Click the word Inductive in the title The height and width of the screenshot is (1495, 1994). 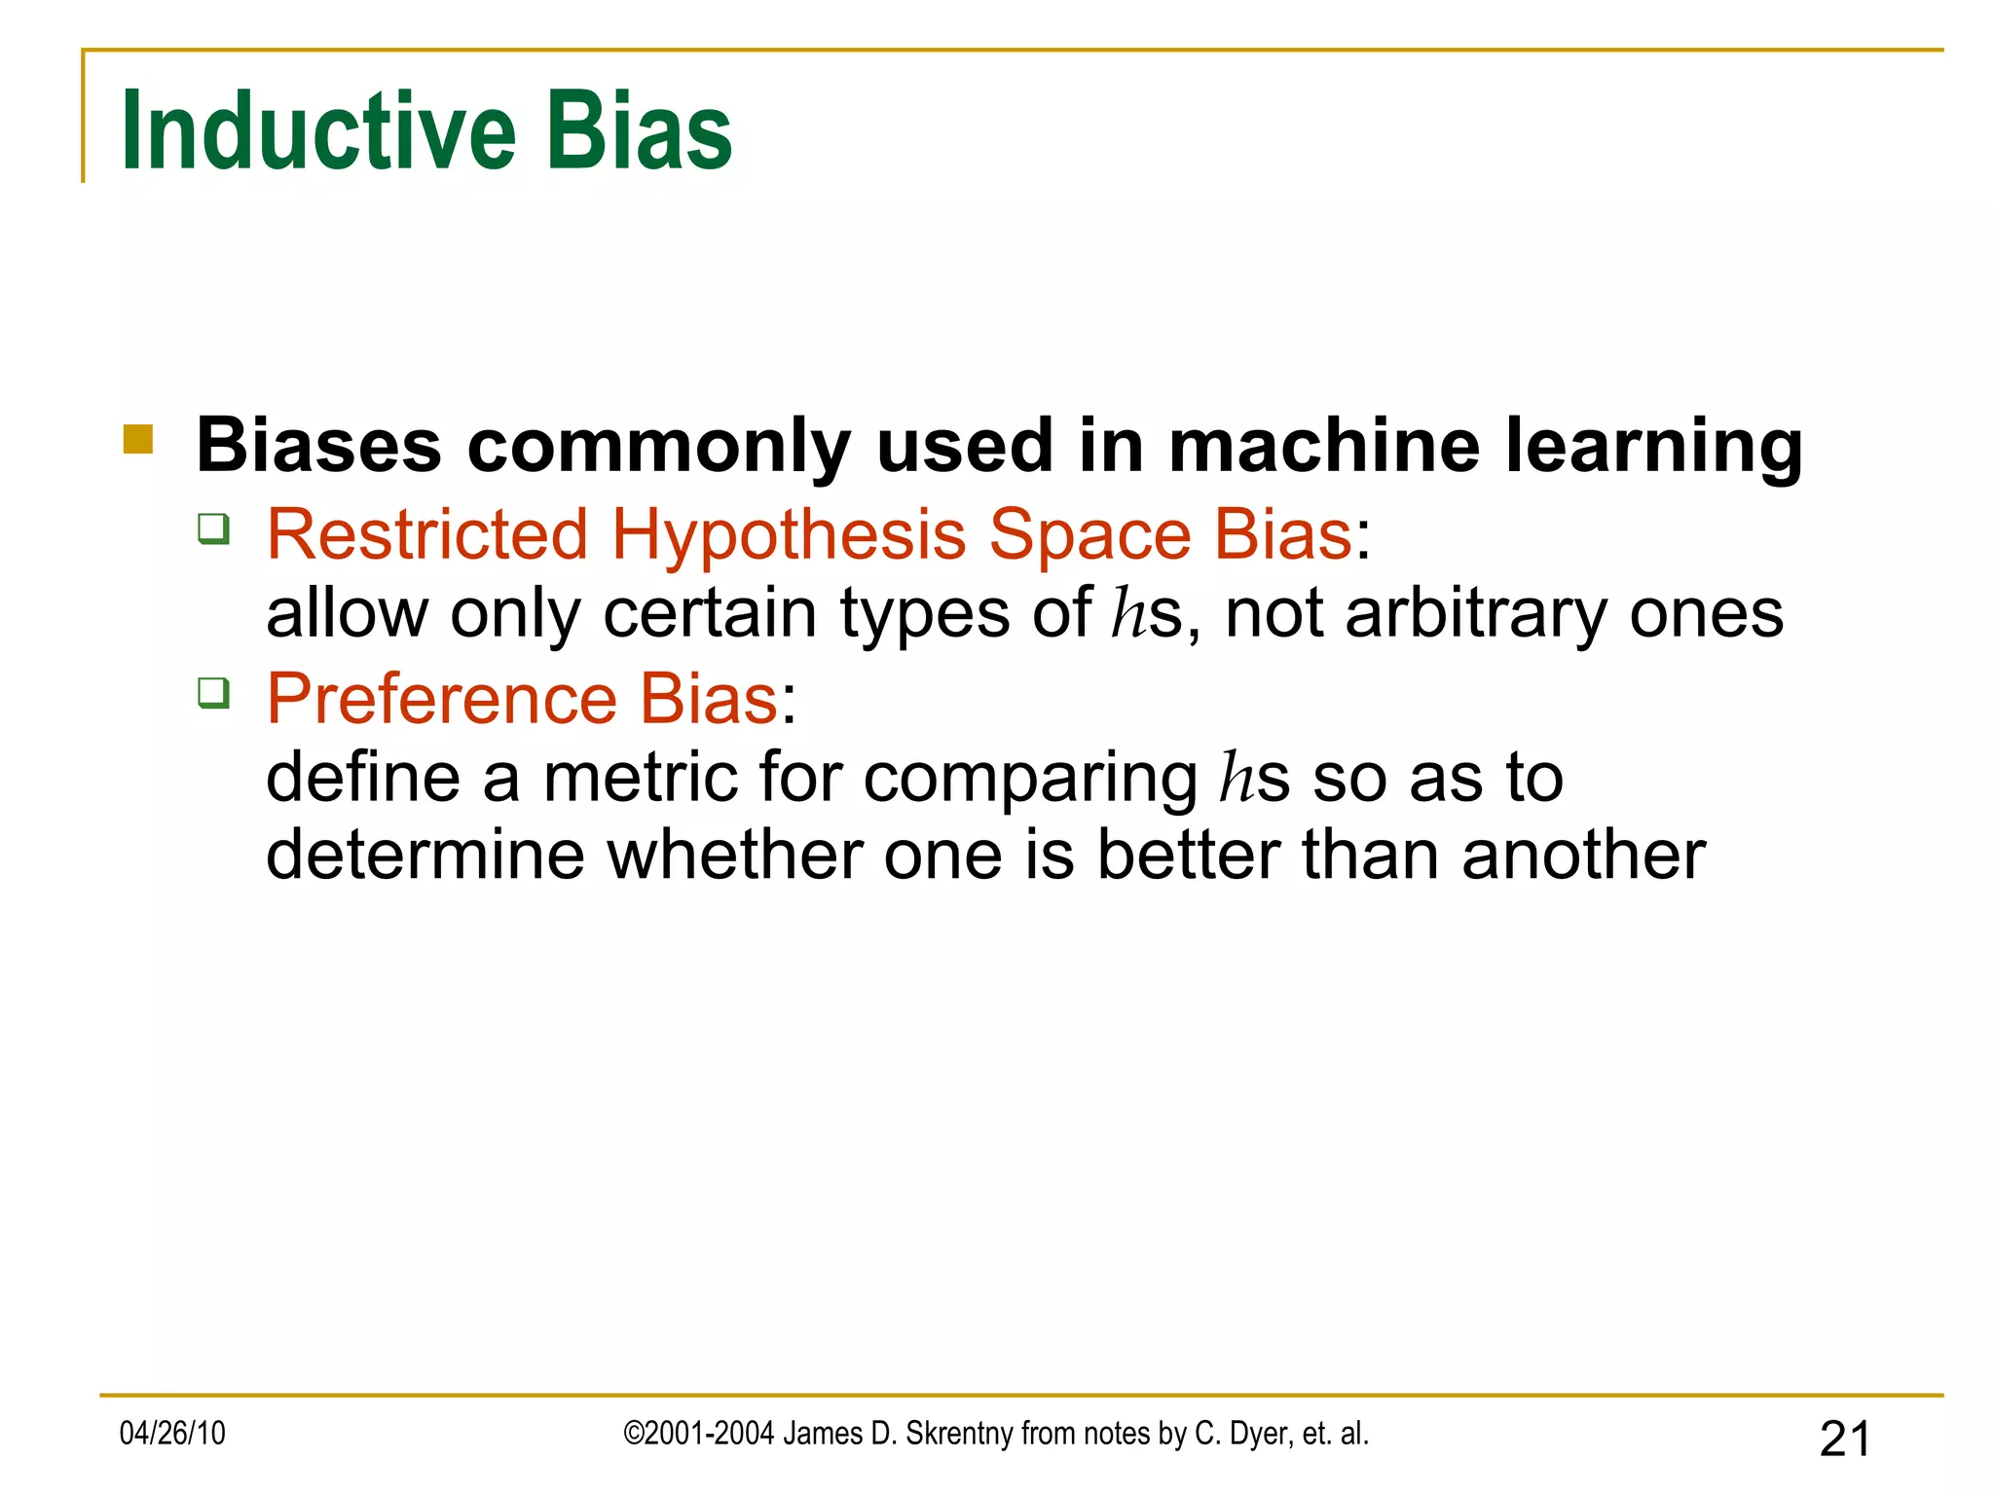coord(317,131)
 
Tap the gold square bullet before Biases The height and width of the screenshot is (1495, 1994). coord(138,440)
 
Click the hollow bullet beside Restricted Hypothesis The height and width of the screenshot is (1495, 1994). coord(213,529)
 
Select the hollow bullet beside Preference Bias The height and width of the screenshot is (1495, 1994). coord(213,694)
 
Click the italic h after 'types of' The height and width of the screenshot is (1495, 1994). coord(1130,613)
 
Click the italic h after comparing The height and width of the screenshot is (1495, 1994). coord(1237,778)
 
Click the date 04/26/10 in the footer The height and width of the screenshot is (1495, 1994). coord(172,1434)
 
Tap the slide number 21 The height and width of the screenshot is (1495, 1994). coord(1845,1439)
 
